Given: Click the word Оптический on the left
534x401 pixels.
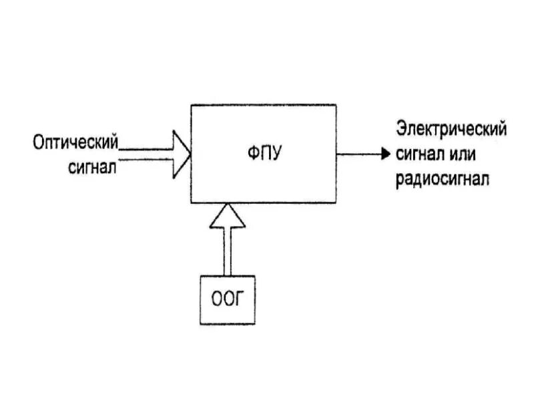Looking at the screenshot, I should coord(75,142).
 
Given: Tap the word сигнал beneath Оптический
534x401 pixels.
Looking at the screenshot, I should coord(92,166).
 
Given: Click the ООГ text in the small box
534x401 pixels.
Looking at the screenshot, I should coord(227,299).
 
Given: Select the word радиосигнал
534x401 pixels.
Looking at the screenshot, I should coord(442,178).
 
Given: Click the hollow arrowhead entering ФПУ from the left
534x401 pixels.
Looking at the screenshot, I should coord(182,154).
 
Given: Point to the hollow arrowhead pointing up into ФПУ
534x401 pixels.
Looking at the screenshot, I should coord(227,217).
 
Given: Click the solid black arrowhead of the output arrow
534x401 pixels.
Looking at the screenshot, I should coord(384,154).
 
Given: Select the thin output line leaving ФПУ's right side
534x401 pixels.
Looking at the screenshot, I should coord(358,154).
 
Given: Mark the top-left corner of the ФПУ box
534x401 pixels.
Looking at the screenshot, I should coord(192,105).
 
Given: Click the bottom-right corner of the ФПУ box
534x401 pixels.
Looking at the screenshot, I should coord(336,203).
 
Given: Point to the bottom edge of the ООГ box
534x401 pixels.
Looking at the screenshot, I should coord(227,323).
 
